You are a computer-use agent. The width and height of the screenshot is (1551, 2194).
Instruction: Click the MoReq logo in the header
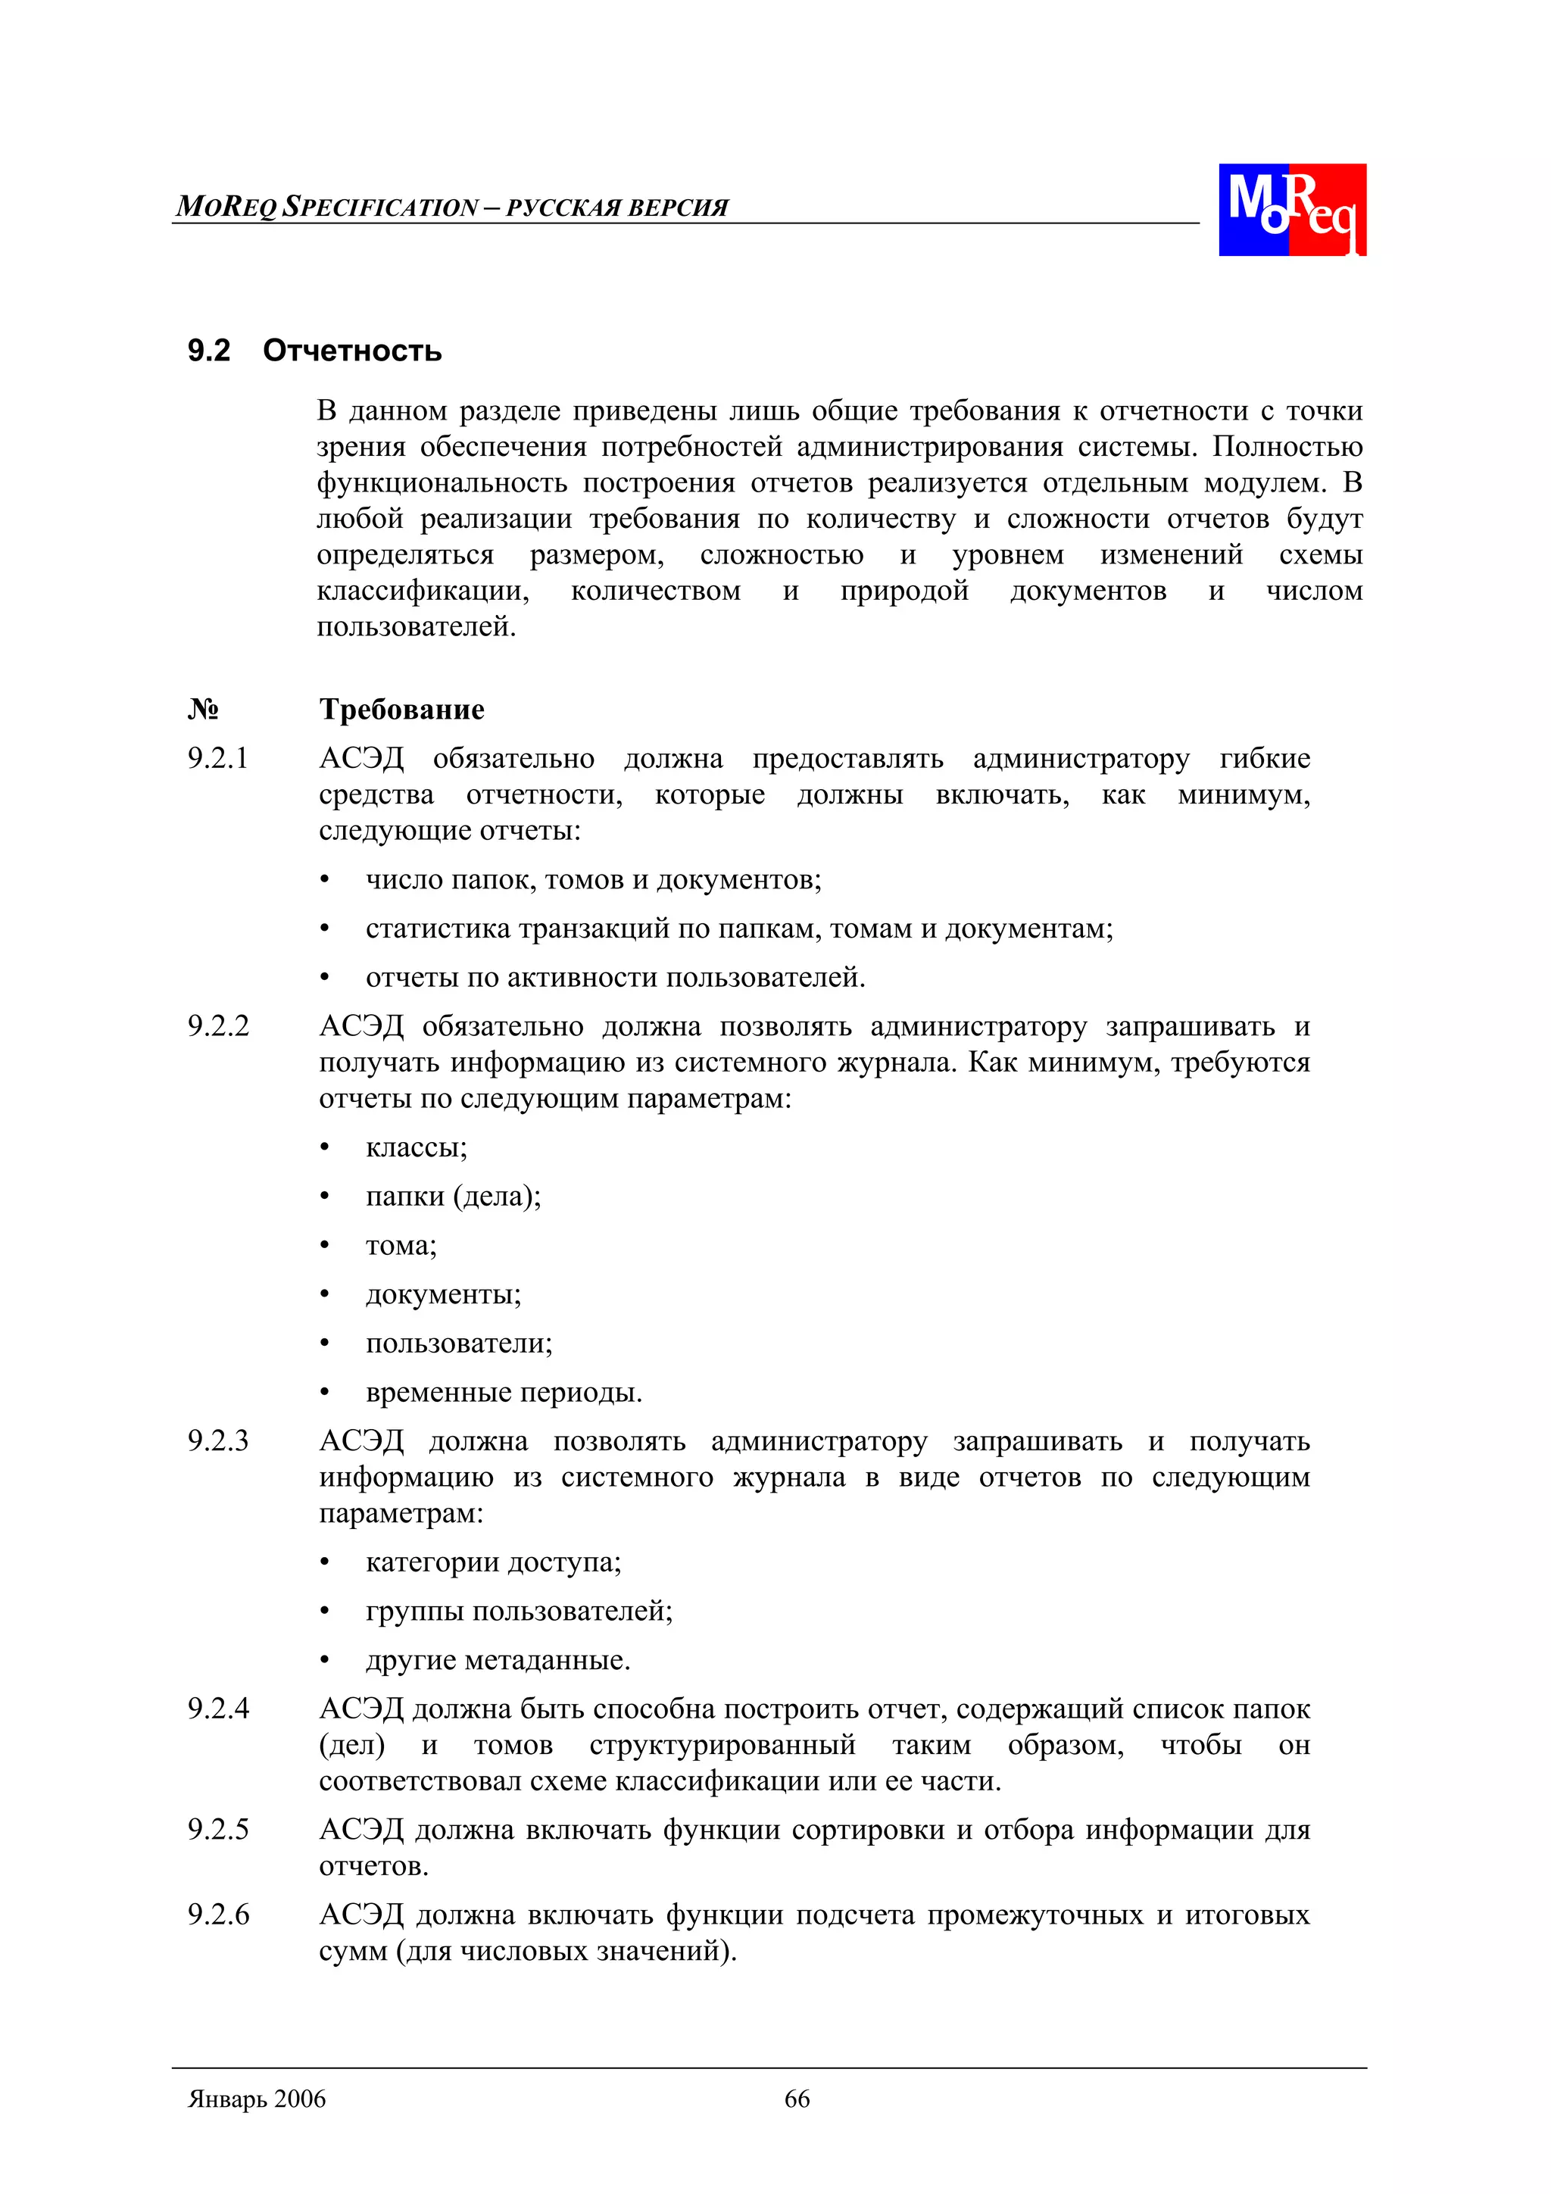click(x=1291, y=209)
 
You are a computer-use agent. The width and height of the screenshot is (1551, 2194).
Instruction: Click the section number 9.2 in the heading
click(x=208, y=351)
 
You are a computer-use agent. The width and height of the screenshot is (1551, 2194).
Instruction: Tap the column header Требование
click(x=401, y=709)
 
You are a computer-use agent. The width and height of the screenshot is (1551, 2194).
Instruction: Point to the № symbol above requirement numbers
click(x=203, y=709)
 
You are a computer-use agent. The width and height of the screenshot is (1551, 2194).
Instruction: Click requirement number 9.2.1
click(x=218, y=759)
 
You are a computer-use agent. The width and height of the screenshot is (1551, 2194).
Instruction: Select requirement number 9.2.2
click(x=218, y=1026)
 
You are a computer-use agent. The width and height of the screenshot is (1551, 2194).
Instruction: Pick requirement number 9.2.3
click(x=218, y=1441)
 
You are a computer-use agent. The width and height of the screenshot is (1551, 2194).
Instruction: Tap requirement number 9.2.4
click(x=218, y=1709)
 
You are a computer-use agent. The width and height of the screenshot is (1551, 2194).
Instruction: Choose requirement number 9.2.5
click(x=218, y=1830)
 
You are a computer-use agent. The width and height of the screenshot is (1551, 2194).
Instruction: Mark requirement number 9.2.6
click(x=218, y=1915)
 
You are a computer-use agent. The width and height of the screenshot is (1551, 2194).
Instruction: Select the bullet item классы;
click(x=417, y=1147)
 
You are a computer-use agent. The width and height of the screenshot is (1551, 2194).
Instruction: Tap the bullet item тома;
click(x=401, y=1246)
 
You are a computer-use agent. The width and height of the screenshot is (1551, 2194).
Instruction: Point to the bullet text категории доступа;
click(x=493, y=1562)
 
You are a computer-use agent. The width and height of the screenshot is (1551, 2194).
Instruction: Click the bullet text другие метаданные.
click(x=498, y=1661)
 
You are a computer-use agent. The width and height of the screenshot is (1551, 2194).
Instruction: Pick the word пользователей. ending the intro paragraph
click(x=416, y=628)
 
